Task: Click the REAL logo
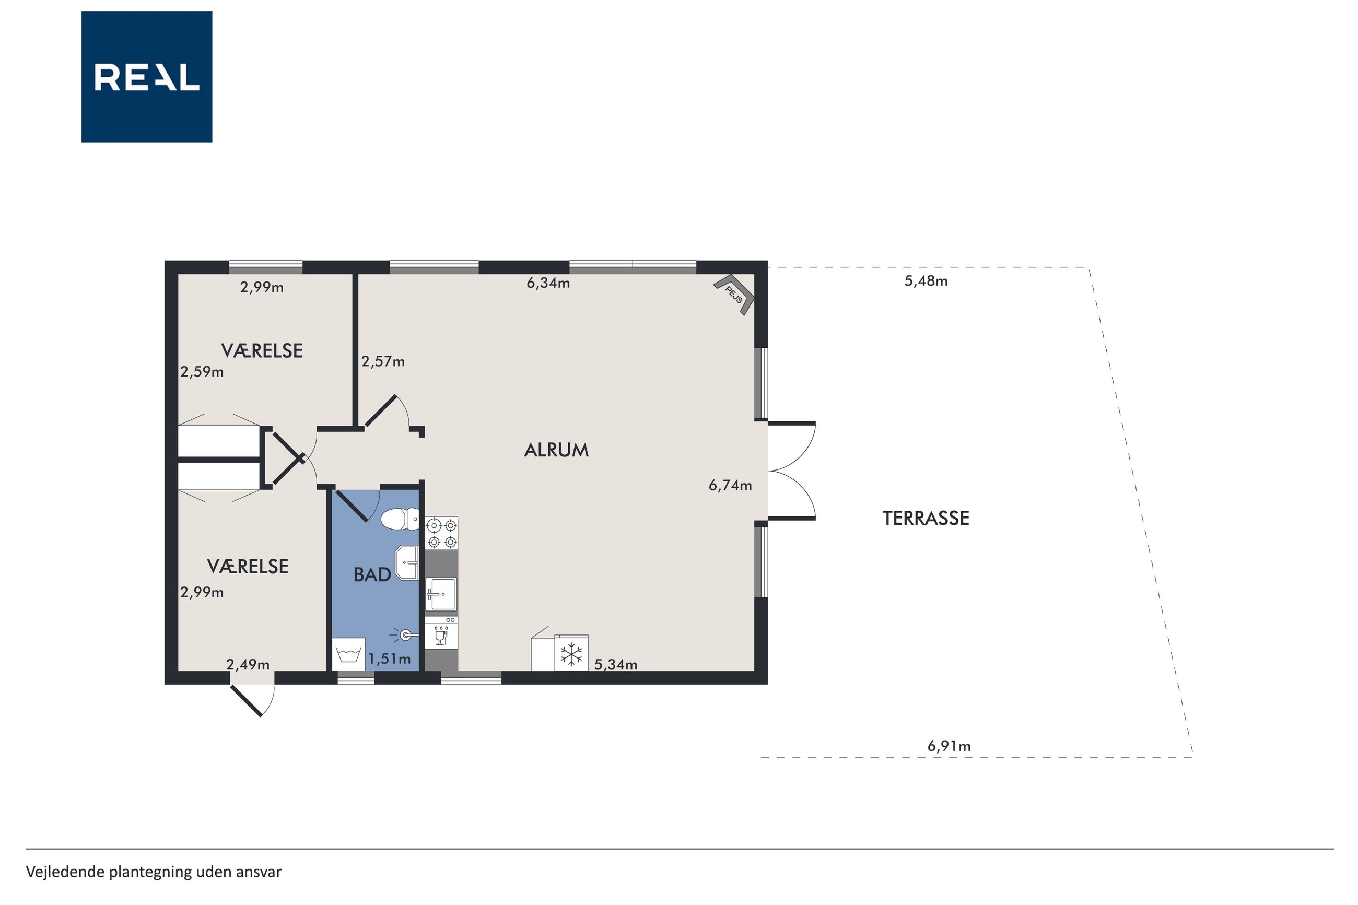(147, 77)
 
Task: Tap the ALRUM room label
(556, 450)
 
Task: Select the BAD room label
(372, 574)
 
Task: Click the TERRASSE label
(926, 518)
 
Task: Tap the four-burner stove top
(441, 533)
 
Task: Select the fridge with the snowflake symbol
(571, 653)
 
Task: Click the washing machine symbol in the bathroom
(348, 654)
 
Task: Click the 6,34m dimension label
(548, 283)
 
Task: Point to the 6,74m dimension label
(730, 485)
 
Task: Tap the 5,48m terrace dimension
(926, 281)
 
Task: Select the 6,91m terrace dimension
(949, 746)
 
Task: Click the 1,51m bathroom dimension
(390, 659)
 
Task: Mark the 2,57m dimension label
(383, 362)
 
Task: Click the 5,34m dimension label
(616, 665)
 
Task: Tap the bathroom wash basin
(407, 562)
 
